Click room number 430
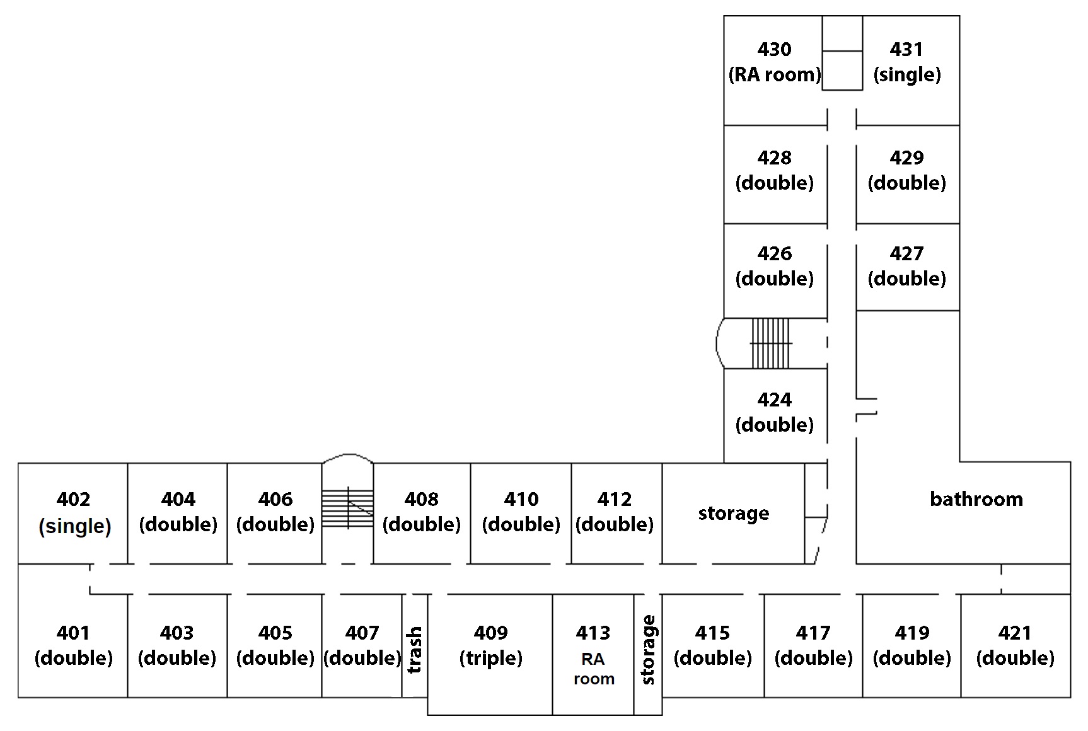click(x=774, y=49)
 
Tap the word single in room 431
click(x=906, y=75)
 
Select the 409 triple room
click(x=490, y=654)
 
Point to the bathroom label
click(x=976, y=499)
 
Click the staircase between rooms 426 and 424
click(x=770, y=343)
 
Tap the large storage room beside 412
click(x=733, y=514)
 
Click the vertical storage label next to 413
click(x=648, y=650)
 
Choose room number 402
click(x=73, y=499)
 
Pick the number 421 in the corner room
click(x=1015, y=633)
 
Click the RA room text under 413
click(x=593, y=669)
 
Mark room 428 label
click(x=774, y=170)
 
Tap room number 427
click(x=906, y=253)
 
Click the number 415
click(x=712, y=633)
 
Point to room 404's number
click(x=178, y=499)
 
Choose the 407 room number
click(x=362, y=633)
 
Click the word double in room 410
click(x=521, y=525)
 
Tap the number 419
click(x=911, y=633)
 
